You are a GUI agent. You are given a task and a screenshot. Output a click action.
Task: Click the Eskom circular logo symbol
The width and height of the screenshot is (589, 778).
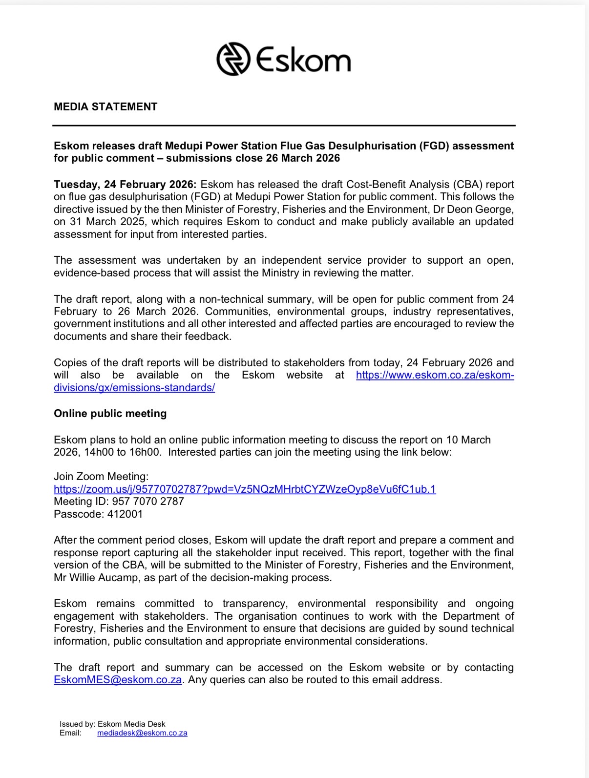pos(233,59)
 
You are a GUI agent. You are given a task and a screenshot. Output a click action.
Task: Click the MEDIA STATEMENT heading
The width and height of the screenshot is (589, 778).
pos(105,106)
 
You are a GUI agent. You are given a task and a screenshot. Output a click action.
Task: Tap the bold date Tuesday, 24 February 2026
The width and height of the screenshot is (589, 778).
pos(125,184)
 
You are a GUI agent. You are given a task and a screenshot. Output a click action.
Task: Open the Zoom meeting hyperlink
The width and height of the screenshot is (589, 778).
pos(245,489)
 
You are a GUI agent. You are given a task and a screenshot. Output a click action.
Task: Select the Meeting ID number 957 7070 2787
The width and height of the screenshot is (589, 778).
pos(148,501)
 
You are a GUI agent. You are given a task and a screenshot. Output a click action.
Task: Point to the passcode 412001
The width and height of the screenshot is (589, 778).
pos(126,514)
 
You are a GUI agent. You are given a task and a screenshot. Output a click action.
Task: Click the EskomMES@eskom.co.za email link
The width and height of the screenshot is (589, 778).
pos(118,679)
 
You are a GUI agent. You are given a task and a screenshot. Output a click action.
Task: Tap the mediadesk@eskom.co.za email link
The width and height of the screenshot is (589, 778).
pos(142,733)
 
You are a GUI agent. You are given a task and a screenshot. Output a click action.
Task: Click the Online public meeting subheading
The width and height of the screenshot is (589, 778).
pos(110,413)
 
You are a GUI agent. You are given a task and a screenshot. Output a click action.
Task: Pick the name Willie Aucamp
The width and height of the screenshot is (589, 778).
pos(102,577)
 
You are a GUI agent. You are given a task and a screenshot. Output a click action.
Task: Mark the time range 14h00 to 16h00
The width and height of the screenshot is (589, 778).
pos(122,452)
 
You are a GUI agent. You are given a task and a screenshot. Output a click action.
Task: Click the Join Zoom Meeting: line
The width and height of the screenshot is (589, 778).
pos(101,476)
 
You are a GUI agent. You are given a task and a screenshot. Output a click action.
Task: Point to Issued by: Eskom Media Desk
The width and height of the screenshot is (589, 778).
pos(112,724)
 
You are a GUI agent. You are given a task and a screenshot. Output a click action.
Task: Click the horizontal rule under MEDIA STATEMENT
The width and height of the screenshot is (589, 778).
pos(284,126)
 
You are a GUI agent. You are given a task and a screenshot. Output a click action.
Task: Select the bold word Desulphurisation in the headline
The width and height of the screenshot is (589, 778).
pos(366,146)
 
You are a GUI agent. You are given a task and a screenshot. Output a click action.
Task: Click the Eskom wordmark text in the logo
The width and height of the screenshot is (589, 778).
pos(303,60)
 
